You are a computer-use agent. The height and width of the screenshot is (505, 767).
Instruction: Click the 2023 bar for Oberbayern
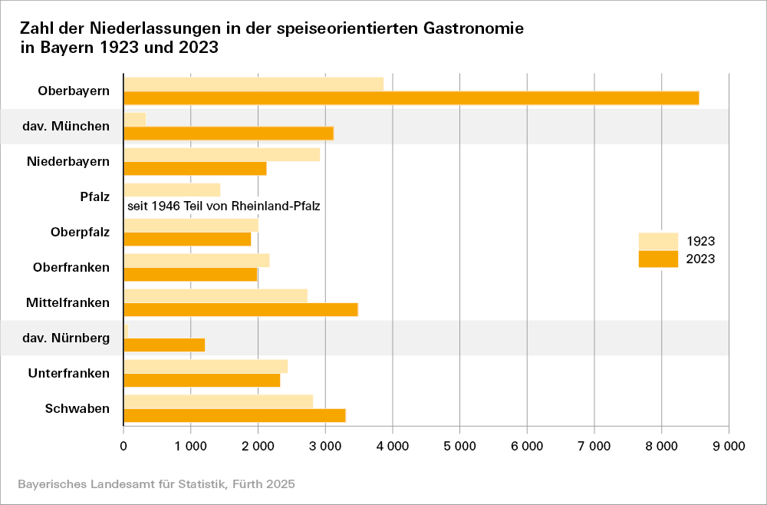tap(411, 97)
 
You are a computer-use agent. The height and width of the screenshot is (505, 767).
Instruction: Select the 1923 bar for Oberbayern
tap(253, 84)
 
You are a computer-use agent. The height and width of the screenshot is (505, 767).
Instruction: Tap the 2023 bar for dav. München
tap(229, 133)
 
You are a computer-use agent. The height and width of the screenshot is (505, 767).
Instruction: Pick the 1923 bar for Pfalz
tap(172, 190)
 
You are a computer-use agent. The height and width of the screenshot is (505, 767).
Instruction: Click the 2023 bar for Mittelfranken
tap(241, 309)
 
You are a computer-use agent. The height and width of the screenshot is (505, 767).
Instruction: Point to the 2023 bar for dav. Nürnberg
tap(164, 345)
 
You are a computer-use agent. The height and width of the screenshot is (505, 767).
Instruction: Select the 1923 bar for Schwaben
tap(219, 401)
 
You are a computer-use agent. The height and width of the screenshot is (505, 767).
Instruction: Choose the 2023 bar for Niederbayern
tap(195, 168)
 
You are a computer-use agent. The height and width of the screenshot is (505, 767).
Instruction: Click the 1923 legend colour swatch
tap(658, 241)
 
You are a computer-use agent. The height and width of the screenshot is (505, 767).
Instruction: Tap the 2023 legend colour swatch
tap(658, 259)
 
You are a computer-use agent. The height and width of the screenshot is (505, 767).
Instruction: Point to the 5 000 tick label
tap(459, 445)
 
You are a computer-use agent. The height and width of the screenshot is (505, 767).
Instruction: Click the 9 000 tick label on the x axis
tap(728, 445)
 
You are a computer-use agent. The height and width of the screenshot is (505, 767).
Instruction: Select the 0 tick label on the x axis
tap(123, 445)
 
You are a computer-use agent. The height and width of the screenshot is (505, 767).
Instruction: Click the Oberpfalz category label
tap(80, 232)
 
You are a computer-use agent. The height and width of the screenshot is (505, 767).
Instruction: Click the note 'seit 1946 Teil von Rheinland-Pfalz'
tap(223, 206)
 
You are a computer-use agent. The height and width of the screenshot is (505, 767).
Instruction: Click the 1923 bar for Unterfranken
tap(206, 366)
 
